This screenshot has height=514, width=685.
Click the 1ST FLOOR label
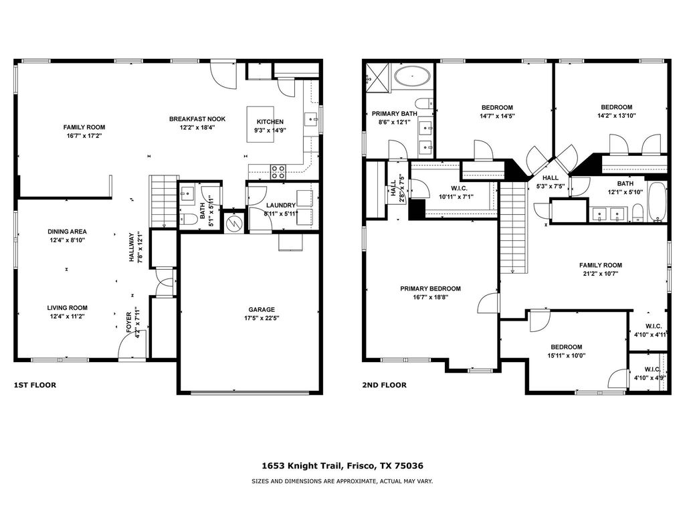pos(35,385)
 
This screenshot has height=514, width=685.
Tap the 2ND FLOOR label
pos(384,385)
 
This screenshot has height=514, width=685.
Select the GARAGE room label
pos(262,309)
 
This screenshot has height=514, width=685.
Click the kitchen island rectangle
pos(260,124)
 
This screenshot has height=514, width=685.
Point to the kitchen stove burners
pos(278,172)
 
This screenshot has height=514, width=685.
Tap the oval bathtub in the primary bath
pos(412,76)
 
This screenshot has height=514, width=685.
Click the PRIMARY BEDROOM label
pos(430,288)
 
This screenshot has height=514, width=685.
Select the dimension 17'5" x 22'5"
pos(262,318)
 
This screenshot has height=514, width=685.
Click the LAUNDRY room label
pos(281,205)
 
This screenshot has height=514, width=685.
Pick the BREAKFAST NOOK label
pos(197,119)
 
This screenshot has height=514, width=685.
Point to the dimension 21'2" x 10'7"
pos(601,274)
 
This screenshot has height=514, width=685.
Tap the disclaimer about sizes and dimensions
pos(342,481)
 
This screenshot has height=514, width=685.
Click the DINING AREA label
pos(68,231)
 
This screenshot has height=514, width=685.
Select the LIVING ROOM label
pos(68,308)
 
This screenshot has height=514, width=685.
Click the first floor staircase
pos(164,201)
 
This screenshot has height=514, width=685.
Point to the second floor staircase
pos(513,227)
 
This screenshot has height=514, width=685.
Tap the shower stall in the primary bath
pos(378,78)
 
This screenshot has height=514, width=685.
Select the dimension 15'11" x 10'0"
pos(567,356)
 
